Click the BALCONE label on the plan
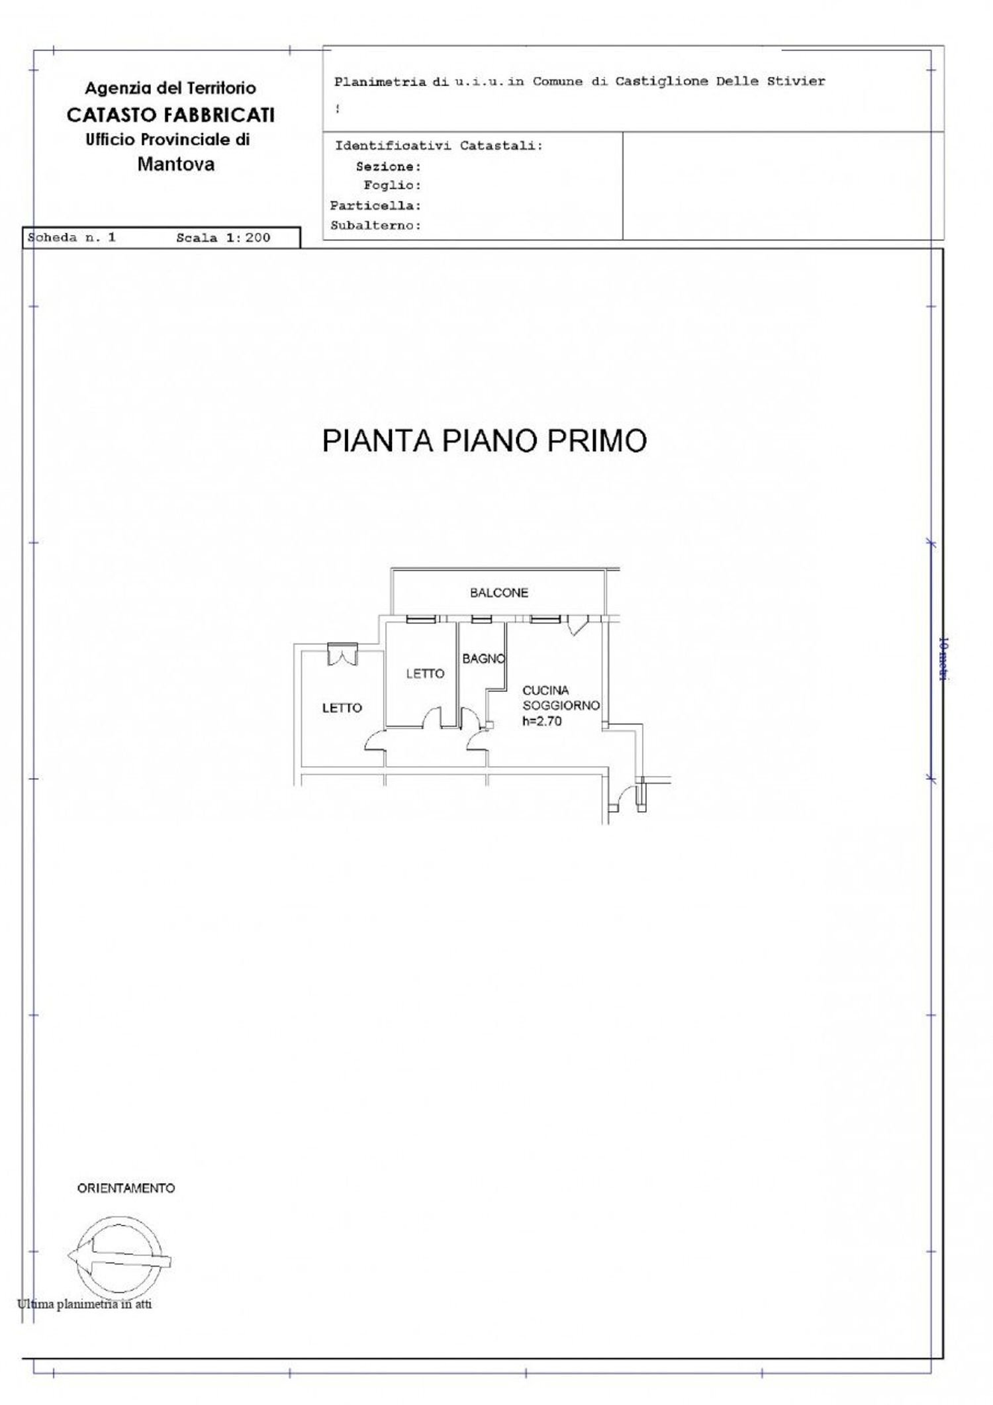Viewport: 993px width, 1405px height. click(498, 593)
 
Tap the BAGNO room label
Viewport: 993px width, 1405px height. click(483, 659)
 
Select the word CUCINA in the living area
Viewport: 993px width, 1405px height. click(545, 690)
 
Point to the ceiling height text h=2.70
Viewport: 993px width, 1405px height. click(542, 721)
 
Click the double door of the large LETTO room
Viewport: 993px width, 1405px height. click(342, 655)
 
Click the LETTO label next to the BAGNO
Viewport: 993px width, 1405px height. click(425, 673)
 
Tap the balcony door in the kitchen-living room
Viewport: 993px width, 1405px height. click(577, 624)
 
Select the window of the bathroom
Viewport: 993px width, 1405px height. click(481, 620)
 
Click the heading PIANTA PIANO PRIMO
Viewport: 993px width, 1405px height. click(484, 441)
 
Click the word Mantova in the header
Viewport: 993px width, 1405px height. click(176, 164)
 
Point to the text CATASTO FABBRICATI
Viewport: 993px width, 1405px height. click(170, 115)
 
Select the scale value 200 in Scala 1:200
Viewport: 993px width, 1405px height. click(258, 238)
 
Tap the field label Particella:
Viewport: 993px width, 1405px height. click(375, 205)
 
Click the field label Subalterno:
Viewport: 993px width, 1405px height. click(375, 225)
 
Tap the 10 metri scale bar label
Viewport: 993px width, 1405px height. click(944, 659)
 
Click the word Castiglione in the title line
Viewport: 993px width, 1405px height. click(652, 81)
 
